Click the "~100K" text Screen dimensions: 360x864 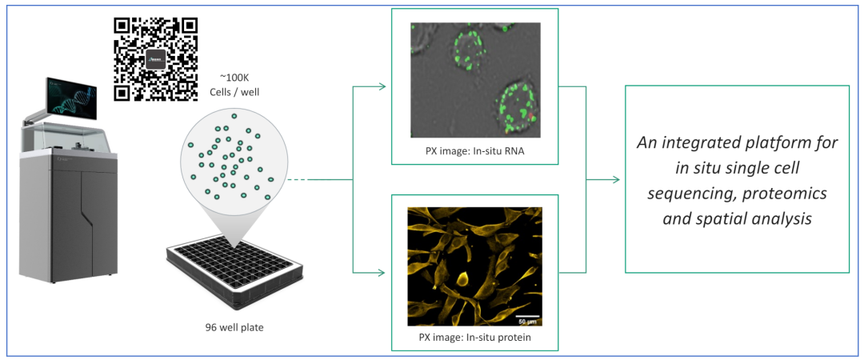point(238,77)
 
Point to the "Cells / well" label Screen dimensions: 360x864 point(238,92)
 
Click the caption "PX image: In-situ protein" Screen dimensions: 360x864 point(475,337)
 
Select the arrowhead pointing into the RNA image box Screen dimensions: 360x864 point(386,86)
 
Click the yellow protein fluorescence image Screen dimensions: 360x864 point(475,266)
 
